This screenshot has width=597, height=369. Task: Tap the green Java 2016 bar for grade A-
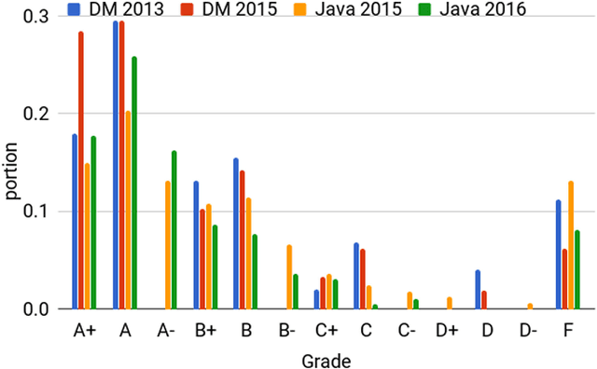coord(174,229)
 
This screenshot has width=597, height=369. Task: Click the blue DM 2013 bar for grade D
coord(478,289)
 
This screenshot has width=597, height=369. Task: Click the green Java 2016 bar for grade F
coord(577,269)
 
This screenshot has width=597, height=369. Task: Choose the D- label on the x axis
coord(526,330)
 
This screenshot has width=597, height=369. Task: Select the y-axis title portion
coord(11,171)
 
